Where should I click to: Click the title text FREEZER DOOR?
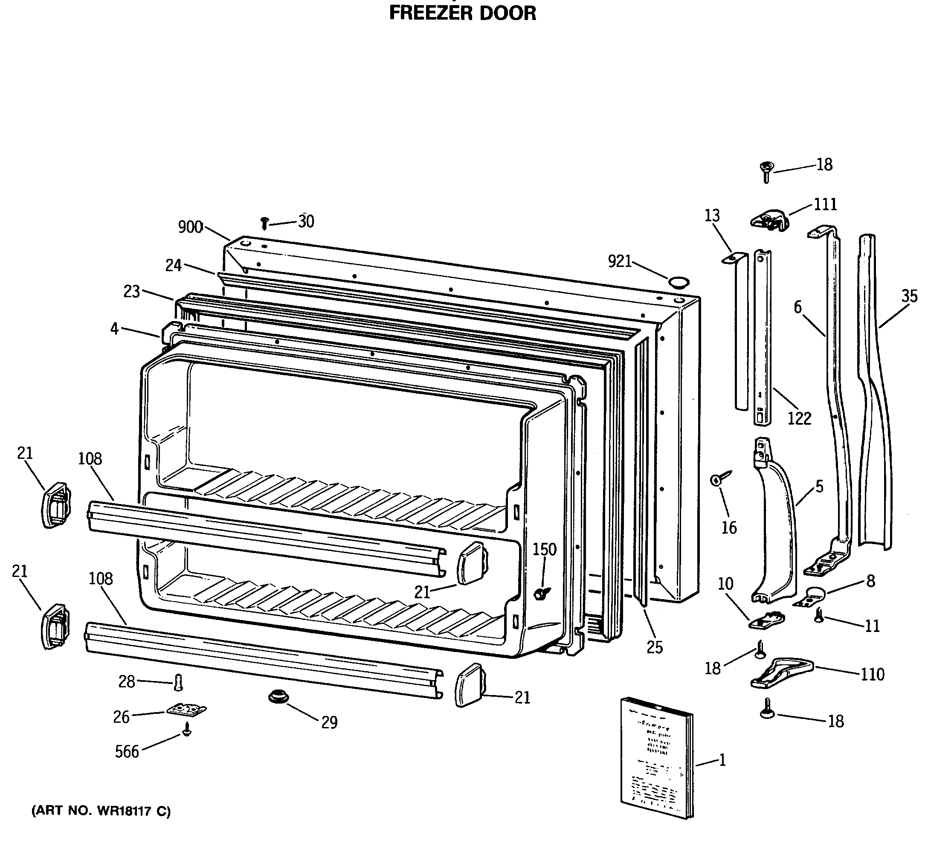click(462, 13)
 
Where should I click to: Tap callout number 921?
click(620, 261)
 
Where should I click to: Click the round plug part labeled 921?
click(679, 282)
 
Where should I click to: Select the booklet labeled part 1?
click(656, 765)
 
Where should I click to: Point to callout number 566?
click(127, 752)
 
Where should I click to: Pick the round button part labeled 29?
click(278, 696)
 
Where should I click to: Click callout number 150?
click(545, 549)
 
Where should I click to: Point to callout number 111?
click(825, 204)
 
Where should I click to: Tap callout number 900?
click(190, 227)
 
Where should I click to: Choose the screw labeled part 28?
click(179, 683)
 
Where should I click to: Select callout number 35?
click(910, 296)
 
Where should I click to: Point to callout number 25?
click(654, 648)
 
